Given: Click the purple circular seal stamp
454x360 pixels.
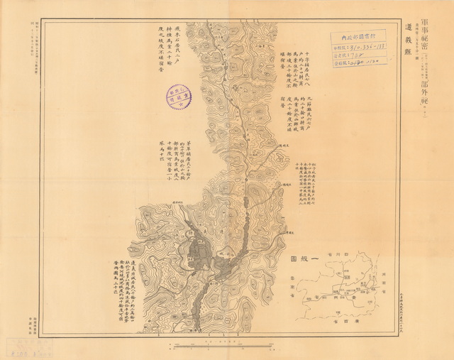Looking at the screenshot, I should coord(179,97).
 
